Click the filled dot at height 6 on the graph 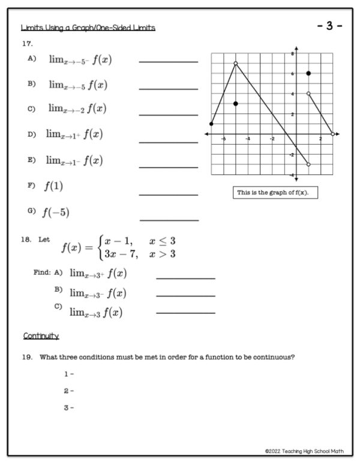(308, 73)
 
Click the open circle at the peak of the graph (236, 63)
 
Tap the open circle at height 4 (308, 94)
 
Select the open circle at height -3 (308, 164)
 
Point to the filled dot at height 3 (236, 104)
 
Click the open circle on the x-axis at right (332, 134)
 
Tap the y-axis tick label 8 (292, 53)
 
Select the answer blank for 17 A (168, 61)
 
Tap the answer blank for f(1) (168, 194)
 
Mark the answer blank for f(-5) (168, 220)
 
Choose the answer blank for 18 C (185, 312)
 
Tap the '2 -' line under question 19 (68, 390)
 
